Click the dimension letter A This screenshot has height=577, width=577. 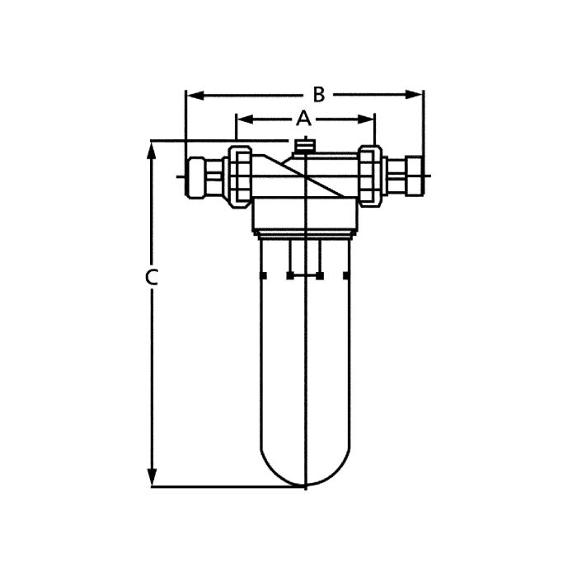(303, 118)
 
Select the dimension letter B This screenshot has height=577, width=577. (318, 94)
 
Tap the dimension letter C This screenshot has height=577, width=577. (151, 278)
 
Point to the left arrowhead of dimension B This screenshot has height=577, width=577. (191, 95)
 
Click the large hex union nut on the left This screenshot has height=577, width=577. (240, 175)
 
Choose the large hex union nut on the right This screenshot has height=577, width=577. (370, 175)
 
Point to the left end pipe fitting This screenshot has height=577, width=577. (200, 176)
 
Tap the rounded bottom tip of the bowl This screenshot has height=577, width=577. (306, 485)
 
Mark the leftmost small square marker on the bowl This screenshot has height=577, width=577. (262, 275)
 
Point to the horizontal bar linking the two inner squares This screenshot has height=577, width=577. (305, 275)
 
